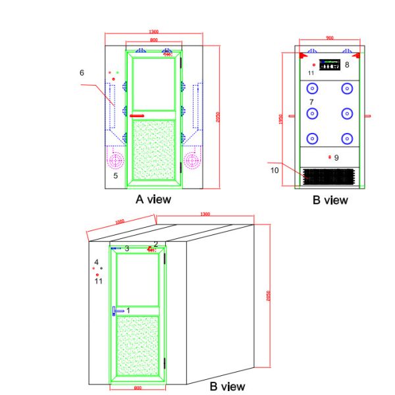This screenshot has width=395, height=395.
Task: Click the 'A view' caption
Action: (x=153, y=199)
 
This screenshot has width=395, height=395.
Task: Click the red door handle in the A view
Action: (x=137, y=116)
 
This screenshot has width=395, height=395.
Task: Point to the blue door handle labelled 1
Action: (x=118, y=310)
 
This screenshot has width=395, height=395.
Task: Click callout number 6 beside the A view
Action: (x=82, y=73)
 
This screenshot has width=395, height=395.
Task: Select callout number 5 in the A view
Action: (x=115, y=176)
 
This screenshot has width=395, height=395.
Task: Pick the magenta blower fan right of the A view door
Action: (x=192, y=160)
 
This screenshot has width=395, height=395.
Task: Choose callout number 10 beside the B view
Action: (x=275, y=170)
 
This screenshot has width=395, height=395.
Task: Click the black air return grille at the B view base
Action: (x=329, y=176)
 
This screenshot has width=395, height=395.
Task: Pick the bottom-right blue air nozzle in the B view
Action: (x=346, y=138)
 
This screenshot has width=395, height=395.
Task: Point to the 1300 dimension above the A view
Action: (x=153, y=32)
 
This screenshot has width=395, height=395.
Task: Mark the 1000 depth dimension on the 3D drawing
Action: (x=119, y=222)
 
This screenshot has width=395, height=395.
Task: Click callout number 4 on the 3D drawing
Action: (x=97, y=262)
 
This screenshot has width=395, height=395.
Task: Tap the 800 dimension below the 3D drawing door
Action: (x=138, y=388)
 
